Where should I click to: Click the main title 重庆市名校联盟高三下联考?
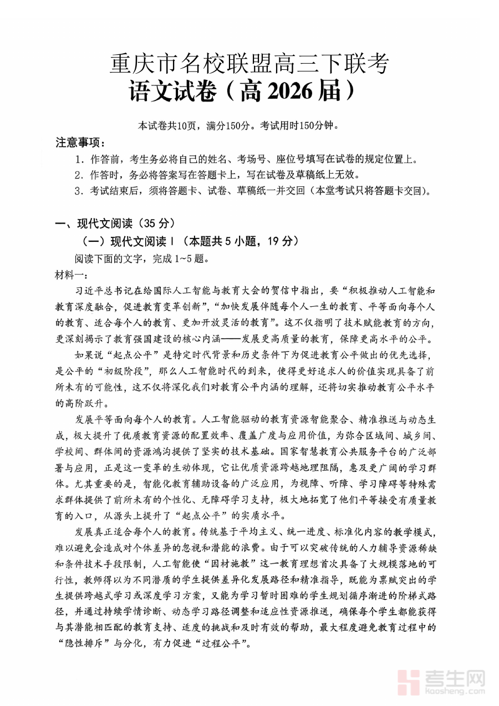click(249, 65)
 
